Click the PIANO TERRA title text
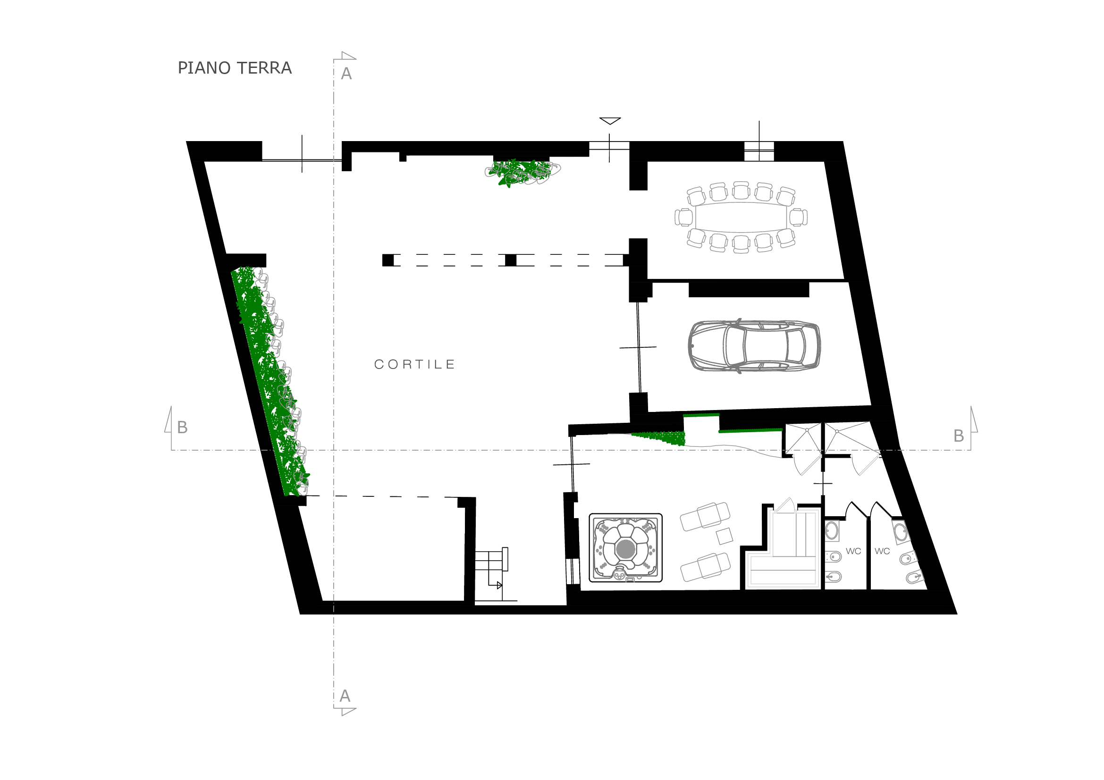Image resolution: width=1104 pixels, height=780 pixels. click(x=235, y=68)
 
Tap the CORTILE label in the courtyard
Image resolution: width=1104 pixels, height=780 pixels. click(x=414, y=364)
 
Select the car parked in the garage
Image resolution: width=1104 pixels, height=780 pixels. click(x=754, y=346)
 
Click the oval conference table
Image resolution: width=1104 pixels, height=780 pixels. click(x=741, y=217)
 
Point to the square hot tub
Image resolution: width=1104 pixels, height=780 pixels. click(x=625, y=548)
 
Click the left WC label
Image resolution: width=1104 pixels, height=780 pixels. click(x=853, y=551)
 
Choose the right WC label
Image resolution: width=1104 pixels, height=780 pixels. click(x=882, y=551)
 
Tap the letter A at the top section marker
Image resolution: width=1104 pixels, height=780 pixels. click(x=346, y=74)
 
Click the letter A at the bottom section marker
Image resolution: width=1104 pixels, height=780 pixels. click(x=345, y=696)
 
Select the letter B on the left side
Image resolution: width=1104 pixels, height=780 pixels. click(x=182, y=427)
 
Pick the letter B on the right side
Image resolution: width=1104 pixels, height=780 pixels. click(x=959, y=436)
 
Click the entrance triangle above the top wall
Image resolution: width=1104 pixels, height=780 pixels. click(x=610, y=121)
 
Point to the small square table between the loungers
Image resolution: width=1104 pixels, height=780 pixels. click(x=725, y=537)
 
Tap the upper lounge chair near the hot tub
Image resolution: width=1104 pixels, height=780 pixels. click(x=705, y=517)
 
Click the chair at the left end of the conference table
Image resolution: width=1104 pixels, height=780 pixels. click(x=684, y=217)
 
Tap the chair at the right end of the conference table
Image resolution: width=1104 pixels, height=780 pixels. click(x=798, y=217)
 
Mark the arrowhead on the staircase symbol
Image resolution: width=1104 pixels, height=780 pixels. click(x=499, y=586)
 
